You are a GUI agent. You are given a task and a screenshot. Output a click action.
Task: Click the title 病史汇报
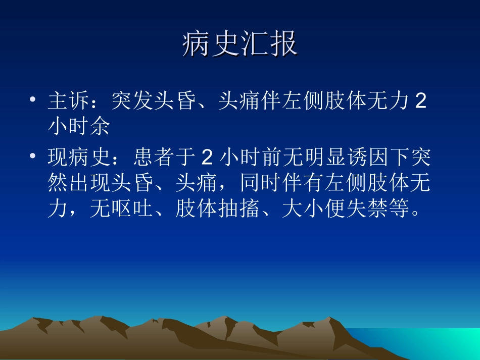tap(239, 44)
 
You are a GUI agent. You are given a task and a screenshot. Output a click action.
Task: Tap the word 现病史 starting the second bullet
tap(80, 159)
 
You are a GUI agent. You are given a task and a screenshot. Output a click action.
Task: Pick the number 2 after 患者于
tap(207, 159)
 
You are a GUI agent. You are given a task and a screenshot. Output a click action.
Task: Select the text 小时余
tap(79, 127)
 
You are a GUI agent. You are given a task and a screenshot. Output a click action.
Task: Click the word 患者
tap(154, 159)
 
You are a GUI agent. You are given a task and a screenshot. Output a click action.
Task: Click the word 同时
tap(261, 183)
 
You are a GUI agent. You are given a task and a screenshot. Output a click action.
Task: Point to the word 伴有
tap(303, 183)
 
